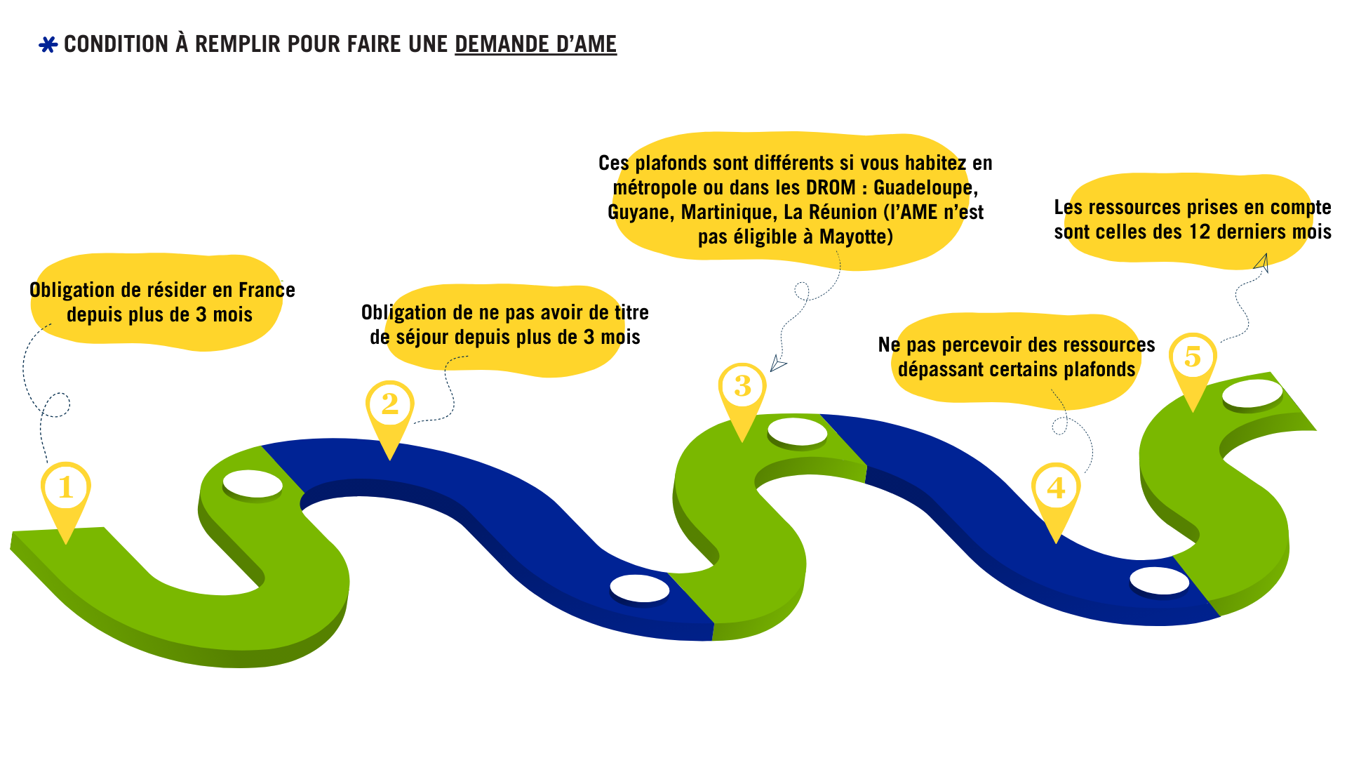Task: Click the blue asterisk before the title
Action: pos(48,45)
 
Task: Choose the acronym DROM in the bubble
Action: pos(831,188)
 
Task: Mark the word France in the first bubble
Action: pos(267,291)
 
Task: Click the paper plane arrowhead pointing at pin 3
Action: pos(777,363)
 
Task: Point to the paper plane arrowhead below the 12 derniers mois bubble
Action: pos(1262,263)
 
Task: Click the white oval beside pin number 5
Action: pos(1252,394)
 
